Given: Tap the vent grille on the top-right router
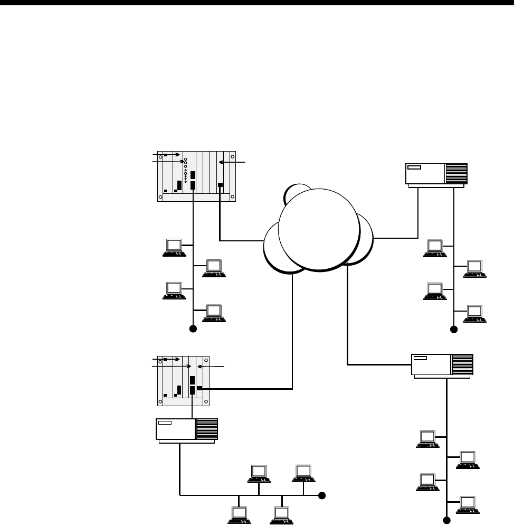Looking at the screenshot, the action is pyautogui.click(x=456, y=173).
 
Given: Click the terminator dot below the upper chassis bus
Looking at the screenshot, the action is pyautogui.click(x=193, y=329).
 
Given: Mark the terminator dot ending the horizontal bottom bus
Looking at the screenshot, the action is pyautogui.click(x=322, y=495).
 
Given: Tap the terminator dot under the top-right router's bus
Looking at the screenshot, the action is pyautogui.click(x=453, y=329).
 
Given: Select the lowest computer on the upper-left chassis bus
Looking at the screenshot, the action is pyautogui.click(x=214, y=313).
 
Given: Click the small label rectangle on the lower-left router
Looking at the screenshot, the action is pyautogui.click(x=165, y=423).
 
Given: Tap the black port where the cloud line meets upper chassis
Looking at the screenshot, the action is pyautogui.click(x=220, y=185).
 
